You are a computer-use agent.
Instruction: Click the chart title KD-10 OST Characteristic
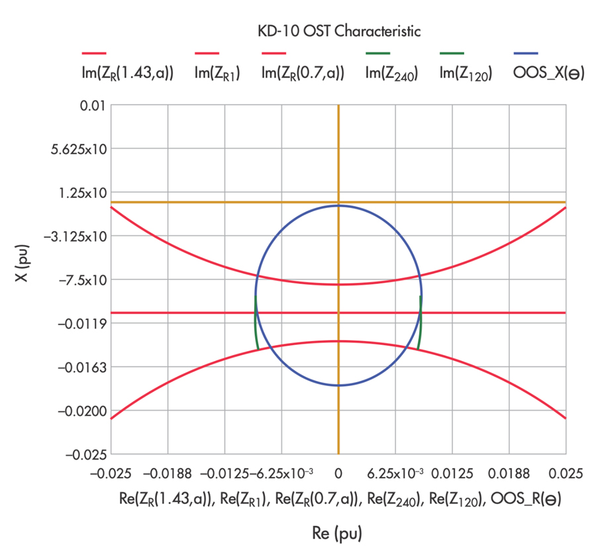pos(338,30)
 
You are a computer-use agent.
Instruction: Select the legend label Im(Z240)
pos(391,74)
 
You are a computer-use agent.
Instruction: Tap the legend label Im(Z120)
pos(465,74)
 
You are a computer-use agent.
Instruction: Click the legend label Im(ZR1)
pos(217,74)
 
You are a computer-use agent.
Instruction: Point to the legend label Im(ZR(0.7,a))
pos(303,74)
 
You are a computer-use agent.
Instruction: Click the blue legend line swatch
pos(526,53)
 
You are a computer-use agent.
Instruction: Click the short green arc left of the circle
pos(256,325)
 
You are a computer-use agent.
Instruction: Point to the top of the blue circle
pos(338,205)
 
